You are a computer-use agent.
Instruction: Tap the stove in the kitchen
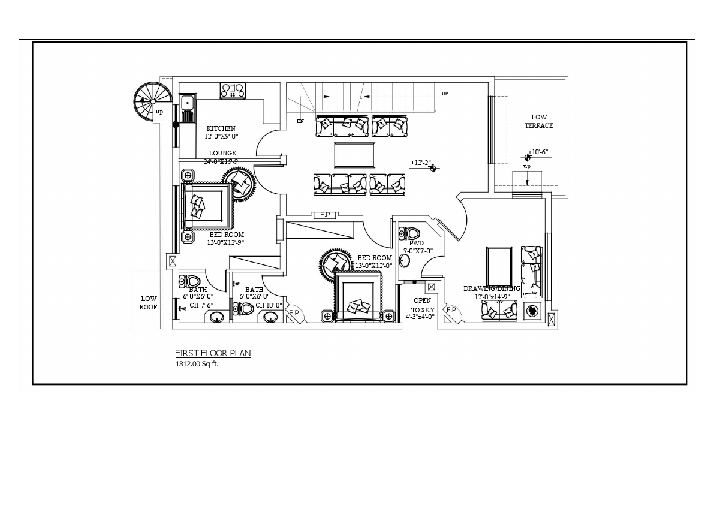233,90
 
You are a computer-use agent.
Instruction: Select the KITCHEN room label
221,128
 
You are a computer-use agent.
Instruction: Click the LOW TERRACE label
538,121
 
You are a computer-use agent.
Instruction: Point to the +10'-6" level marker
538,152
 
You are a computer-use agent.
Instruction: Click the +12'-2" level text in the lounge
421,163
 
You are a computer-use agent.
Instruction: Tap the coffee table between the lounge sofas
354,155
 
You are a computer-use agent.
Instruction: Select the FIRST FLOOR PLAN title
213,353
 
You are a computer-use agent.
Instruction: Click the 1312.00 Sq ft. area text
197,364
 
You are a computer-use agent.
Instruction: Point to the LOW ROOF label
149,303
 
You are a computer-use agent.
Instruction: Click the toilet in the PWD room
412,233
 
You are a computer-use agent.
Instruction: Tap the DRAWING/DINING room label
492,288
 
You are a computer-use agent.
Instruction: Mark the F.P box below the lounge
325,215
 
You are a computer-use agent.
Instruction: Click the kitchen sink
188,108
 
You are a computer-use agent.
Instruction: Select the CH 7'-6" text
201,305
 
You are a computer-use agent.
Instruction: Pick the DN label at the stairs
300,121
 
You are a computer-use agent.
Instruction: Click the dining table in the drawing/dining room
499,262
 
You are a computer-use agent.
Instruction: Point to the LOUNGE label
222,153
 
